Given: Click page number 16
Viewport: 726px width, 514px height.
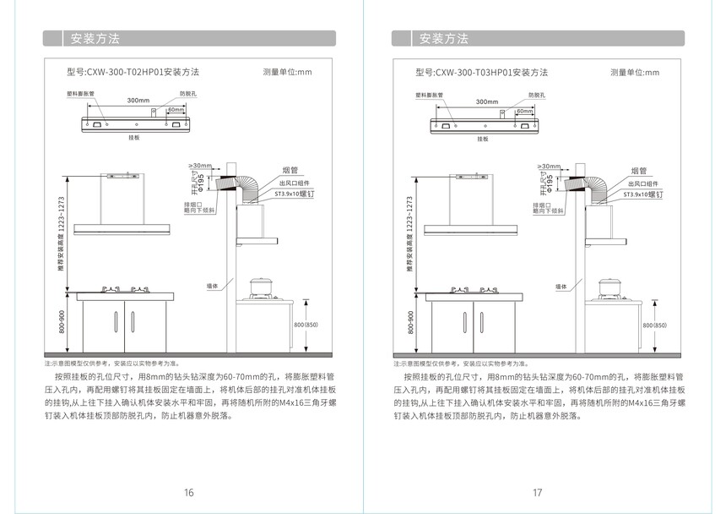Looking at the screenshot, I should pyautogui.click(x=189, y=493).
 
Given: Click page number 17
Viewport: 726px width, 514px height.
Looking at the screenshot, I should pyautogui.click(x=537, y=493).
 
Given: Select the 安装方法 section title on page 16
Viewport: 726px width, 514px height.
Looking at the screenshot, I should pyautogui.click(x=94, y=39).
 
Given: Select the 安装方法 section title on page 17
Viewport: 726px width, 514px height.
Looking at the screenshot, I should pyautogui.click(x=443, y=39).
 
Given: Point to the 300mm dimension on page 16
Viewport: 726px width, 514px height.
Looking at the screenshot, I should pyautogui.click(x=138, y=101).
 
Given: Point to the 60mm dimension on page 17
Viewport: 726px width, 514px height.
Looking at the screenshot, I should pyautogui.click(x=524, y=111).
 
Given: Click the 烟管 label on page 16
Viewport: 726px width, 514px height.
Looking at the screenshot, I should pyautogui.click(x=288, y=171).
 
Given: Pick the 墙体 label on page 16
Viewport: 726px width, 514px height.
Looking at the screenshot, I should pyautogui.click(x=214, y=287).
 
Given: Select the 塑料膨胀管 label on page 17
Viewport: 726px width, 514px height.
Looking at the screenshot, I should pyautogui.click(x=431, y=93).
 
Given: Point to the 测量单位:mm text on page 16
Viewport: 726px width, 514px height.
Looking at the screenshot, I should pyautogui.click(x=287, y=73).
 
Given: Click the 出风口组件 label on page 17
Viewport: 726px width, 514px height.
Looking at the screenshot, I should pyautogui.click(x=645, y=183).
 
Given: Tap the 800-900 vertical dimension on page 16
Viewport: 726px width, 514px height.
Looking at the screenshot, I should pyautogui.click(x=62, y=322).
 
